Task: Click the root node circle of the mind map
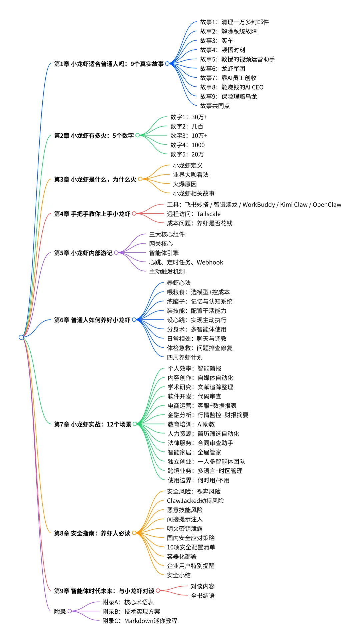click(x=21, y=337)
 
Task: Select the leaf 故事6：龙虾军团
click(x=222, y=69)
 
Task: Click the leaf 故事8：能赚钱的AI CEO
click(x=232, y=87)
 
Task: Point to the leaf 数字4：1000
click(x=187, y=145)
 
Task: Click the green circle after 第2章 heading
click(x=137, y=135)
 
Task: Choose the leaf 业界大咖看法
click(x=191, y=175)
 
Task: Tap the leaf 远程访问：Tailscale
click(x=194, y=214)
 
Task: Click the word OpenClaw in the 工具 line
click(x=327, y=205)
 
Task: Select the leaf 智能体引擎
click(x=164, y=253)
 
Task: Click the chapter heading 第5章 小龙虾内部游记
click(x=83, y=253)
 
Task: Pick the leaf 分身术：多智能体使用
click(x=197, y=329)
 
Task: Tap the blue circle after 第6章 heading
click(x=134, y=320)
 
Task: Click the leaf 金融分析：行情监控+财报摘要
click(x=208, y=415)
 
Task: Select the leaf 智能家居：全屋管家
click(x=194, y=452)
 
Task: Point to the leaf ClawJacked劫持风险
click(x=195, y=500)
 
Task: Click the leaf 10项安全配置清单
click(x=191, y=547)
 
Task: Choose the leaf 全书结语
click(x=203, y=595)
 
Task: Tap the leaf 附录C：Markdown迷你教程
click(x=140, y=621)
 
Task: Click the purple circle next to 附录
click(x=70, y=611)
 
